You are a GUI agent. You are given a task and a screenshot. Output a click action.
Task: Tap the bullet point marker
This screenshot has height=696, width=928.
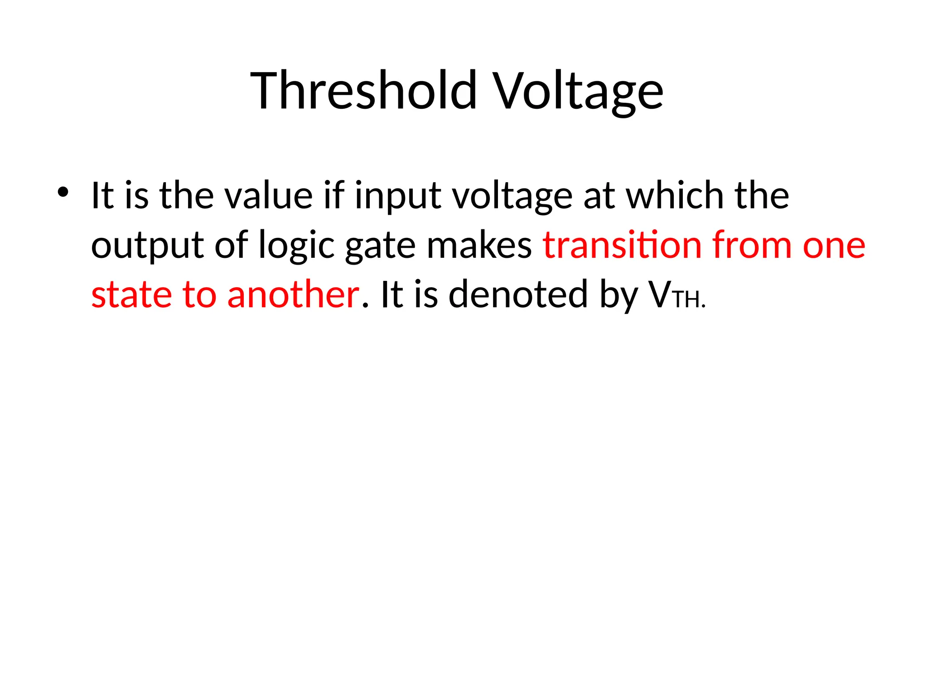[63, 192]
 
